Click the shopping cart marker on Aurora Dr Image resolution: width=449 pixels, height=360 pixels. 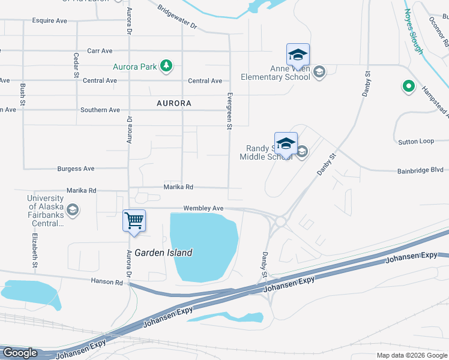(134, 220)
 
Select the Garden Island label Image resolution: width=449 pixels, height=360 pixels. (163, 253)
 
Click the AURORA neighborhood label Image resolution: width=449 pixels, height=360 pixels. (174, 103)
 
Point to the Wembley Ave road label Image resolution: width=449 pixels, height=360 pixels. (203, 208)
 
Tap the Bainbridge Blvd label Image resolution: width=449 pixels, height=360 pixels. (420, 171)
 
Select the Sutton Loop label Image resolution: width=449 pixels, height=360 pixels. (416, 142)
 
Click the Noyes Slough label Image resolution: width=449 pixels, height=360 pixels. (414, 31)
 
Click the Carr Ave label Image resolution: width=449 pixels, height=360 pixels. (100, 51)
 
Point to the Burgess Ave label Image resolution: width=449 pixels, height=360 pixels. (76, 169)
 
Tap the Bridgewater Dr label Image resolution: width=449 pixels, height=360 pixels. (177, 17)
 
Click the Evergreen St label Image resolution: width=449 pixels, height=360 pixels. (229, 111)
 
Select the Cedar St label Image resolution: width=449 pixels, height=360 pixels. (76, 65)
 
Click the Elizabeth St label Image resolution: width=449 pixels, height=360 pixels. (35, 250)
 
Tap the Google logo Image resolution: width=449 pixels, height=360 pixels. (19, 353)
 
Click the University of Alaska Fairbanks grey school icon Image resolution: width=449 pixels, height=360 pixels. (73, 209)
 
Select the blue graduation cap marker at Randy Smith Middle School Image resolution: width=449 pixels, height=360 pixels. (286, 145)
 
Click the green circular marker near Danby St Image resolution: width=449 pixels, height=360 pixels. (409, 87)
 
